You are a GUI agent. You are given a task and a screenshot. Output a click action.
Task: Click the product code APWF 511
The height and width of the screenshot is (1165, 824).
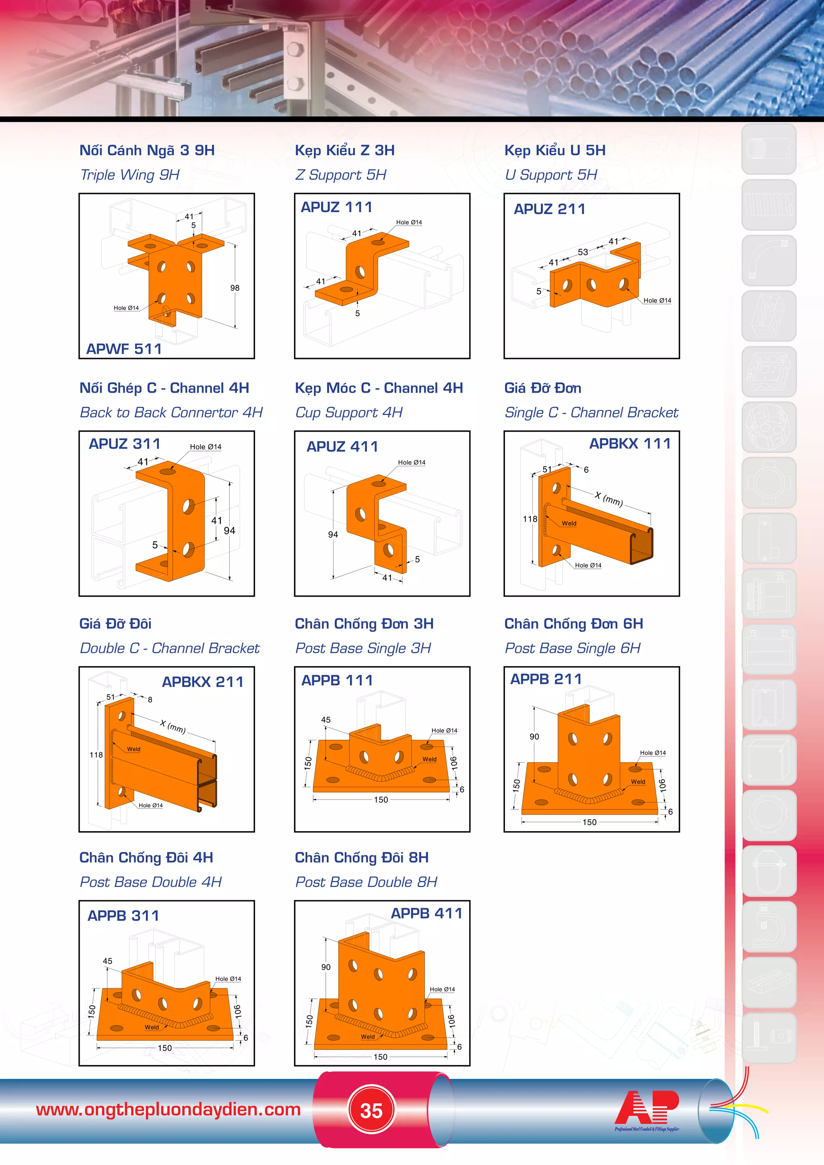point(124,349)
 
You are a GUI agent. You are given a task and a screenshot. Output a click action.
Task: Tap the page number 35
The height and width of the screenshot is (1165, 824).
point(371,1110)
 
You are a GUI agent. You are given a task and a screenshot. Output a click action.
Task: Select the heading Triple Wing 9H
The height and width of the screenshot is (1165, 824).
point(130,175)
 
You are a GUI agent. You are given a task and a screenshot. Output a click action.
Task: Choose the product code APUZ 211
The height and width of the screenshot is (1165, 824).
point(550,209)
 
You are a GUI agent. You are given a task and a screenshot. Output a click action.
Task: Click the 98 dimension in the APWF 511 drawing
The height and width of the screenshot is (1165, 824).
point(235,288)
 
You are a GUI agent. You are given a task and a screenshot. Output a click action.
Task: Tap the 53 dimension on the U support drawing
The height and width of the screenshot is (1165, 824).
point(583,252)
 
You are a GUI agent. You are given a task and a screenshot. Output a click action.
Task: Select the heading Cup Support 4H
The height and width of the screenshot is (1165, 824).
point(348,412)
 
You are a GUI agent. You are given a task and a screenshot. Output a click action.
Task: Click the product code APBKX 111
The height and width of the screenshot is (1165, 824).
point(630,443)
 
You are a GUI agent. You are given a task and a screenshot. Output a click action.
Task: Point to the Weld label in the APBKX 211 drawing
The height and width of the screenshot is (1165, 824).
point(134,749)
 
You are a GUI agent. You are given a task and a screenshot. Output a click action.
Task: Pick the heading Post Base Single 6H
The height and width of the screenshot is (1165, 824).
point(573,648)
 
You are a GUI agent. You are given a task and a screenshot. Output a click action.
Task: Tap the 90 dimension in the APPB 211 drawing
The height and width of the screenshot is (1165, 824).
point(534,737)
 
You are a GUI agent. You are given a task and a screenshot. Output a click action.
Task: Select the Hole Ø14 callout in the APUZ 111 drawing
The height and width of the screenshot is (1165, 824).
point(409,222)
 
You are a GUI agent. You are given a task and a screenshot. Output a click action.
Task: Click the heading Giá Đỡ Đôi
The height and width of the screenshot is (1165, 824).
point(115,624)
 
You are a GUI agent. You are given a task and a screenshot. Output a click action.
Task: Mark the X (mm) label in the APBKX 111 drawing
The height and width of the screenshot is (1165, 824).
point(609,499)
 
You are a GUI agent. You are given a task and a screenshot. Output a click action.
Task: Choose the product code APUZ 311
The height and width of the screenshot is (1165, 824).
point(124,444)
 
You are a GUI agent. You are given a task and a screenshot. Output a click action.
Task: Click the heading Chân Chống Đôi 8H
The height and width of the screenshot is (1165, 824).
point(362,858)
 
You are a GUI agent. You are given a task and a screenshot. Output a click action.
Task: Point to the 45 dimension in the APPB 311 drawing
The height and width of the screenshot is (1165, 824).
point(107,961)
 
